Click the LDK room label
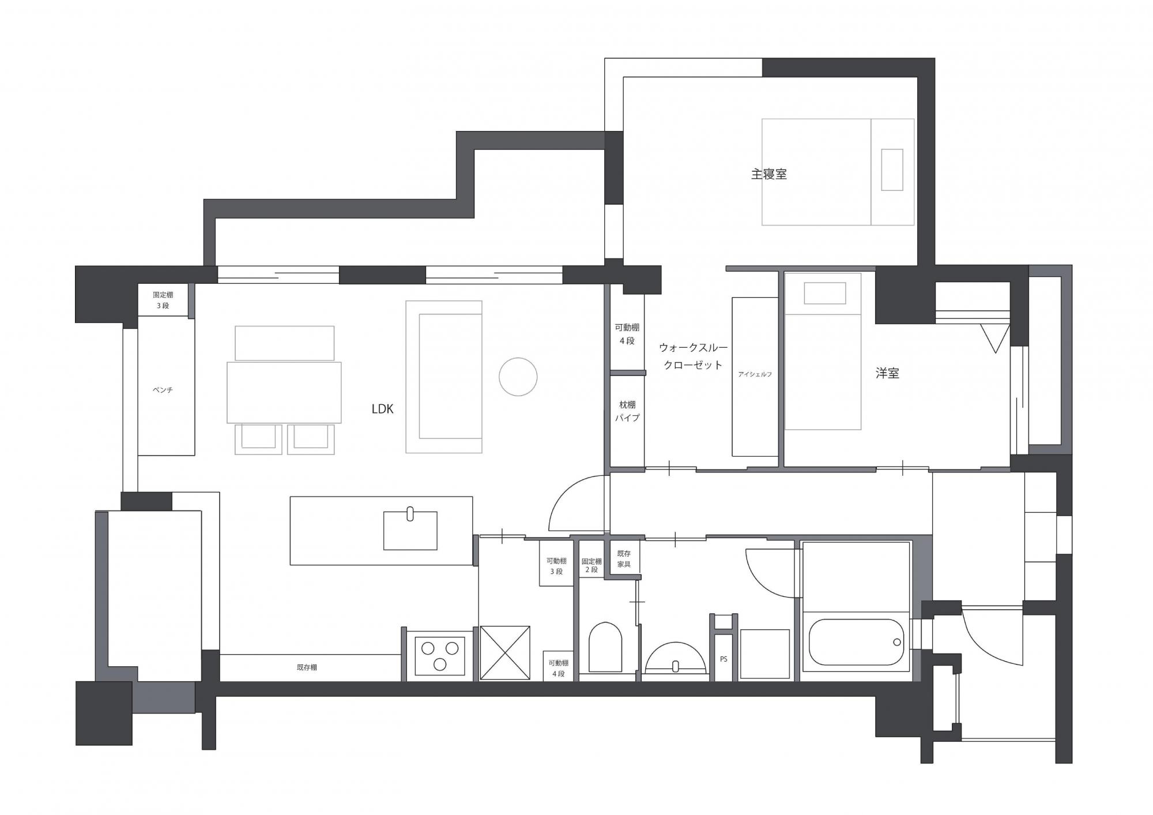pyautogui.click(x=382, y=409)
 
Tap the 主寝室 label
pyautogui.click(x=768, y=174)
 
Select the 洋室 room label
pyautogui.click(x=887, y=373)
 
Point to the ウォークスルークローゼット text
pyautogui.click(x=693, y=356)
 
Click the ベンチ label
pyautogui.click(x=163, y=390)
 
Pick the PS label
pyautogui.click(x=724, y=659)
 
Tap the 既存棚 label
pyautogui.click(x=307, y=667)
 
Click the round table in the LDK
pyautogui.click(x=518, y=377)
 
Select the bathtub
pyautogui.click(x=856, y=642)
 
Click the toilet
pyautogui.click(x=605, y=647)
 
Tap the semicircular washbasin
pyautogui.click(x=675, y=657)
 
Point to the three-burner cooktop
pyautogui.click(x=440, y=656)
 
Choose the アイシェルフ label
pyautogui.click(x=755, y=374)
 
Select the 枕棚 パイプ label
pyautogui.click(x=627, y=411)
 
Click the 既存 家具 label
pyautogui.click(x=624, y=559)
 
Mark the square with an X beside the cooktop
pyautogui.click(x=505, y=652)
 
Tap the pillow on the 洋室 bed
pyautogui.click(x=825, y=293)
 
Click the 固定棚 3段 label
pyautogui.click(x=163, y=300)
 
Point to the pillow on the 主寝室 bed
pyautogui.click(x=892, y=170)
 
